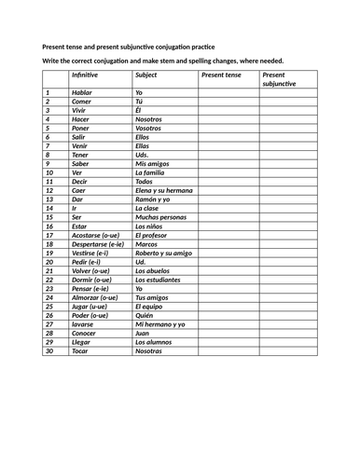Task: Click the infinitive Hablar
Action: coord(82,93)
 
